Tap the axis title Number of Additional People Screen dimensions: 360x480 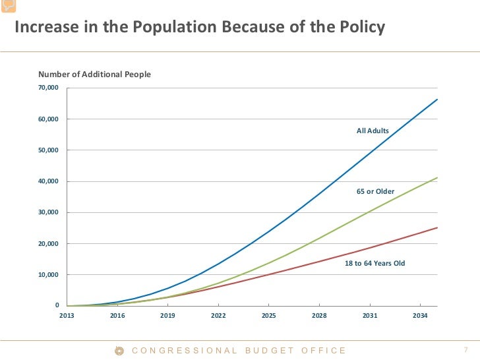(94, 75)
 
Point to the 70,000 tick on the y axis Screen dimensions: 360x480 (49, 88)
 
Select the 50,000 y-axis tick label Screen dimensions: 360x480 (49, 150)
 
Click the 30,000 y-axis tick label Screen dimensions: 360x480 (49, 212)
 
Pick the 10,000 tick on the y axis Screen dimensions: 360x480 (49, 275)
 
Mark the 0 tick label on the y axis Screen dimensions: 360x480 (57, 306)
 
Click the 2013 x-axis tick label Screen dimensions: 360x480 (67, 316)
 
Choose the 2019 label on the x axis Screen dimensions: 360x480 (167, 316)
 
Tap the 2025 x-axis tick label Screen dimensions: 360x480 (268, 316)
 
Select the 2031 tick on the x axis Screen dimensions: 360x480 (370, 316)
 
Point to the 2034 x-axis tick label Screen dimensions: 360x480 (420, 316)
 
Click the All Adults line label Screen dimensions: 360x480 (373, 131)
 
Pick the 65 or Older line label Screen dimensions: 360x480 (375, 191)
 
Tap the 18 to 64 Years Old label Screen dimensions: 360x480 (375, 263)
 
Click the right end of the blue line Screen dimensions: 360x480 (437, 100)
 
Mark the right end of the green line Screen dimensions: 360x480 (437, 177)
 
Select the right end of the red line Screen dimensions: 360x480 (437, 227)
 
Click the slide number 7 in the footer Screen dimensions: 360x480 (465, 350)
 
